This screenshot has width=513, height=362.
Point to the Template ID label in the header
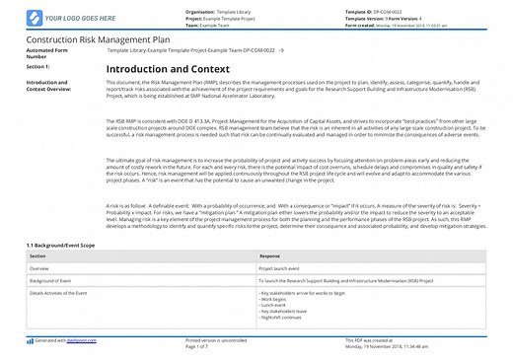point(358,10)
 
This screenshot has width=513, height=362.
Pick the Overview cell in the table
point(40,266)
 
